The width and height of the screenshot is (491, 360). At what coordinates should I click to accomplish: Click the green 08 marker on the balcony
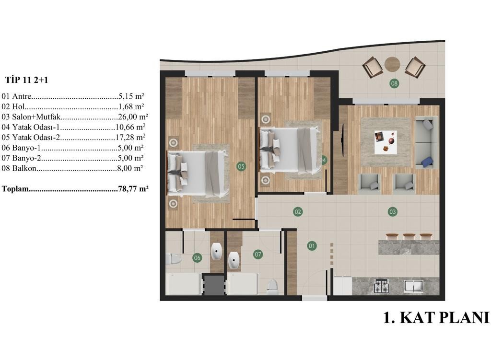(394, 83)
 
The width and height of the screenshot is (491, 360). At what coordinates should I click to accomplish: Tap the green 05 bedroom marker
(241, 166)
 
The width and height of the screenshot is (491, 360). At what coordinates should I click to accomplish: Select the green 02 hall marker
(298, 212)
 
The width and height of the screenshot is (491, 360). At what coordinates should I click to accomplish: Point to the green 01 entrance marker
(312, 246)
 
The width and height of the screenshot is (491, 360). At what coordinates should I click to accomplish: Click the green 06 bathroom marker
(197, 258)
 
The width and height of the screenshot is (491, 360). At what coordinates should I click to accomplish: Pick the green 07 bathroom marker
(258, 254)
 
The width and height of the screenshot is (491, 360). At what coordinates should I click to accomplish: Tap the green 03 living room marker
(392, 211)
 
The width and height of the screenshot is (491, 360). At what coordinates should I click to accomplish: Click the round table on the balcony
(392, 65)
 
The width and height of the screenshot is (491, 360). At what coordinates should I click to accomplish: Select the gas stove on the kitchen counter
(382, 286)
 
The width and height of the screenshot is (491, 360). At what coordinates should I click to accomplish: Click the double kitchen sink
(414, 286)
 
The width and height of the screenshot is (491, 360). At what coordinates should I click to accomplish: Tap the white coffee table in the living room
(386, 142)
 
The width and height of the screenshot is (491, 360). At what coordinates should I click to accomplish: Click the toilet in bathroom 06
(174, 259)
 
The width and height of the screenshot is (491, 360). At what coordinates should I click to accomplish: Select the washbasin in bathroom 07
(234, 260)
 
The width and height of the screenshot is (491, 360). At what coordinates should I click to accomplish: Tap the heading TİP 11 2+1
(27, 80)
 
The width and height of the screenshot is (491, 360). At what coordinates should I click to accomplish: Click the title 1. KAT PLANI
(436, 317)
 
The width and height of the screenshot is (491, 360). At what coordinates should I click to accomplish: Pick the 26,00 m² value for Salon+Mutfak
(133, 117)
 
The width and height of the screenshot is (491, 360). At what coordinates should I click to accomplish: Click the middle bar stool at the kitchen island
(409, 236)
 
